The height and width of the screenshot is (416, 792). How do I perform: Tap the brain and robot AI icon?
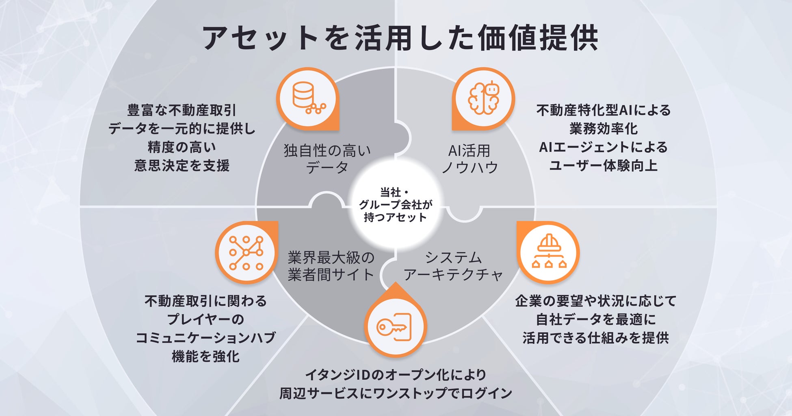[483, 98]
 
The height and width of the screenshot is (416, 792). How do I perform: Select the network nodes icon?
[246, 252]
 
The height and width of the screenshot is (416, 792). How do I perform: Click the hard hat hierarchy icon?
[548, 252]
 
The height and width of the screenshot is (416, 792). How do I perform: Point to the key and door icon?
[395, 327]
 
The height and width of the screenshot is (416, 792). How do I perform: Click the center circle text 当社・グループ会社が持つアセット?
[395, 205]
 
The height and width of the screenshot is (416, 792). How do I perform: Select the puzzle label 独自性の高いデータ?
[327, 159]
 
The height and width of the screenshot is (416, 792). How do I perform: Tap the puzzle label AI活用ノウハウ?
[470, 159]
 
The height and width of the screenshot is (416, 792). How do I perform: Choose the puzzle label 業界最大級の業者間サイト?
[331, 266]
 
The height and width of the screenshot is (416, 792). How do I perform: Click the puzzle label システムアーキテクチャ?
[453, 266]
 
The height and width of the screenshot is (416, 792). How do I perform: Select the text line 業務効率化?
[603, 129]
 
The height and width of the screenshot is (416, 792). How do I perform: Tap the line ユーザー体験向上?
[603, 166]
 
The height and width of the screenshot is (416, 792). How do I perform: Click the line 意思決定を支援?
[182, 166]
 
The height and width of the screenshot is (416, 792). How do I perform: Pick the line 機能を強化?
[206, 357]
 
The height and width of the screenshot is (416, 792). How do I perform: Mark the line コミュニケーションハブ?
[206, 338]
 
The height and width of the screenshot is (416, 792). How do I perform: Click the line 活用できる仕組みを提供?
[595, 338]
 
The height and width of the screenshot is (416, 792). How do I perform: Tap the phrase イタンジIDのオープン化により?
[395, 375]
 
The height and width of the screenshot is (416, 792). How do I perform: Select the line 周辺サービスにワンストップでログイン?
[395, 393]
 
